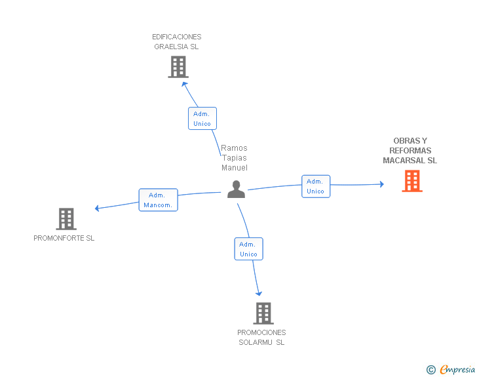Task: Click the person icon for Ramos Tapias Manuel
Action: (x=236, y=189)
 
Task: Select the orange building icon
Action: (x=412, y=181)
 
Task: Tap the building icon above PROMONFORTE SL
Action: (x=66, y=219)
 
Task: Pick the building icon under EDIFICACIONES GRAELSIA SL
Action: (x=178, y=67)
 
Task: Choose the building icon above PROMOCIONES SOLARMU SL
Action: (x=263, y=313)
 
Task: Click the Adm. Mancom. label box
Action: (x=158, y=200)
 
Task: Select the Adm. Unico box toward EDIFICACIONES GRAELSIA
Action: (x=202, y=119)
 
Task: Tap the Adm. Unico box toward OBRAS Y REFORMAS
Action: (x=315, y=186)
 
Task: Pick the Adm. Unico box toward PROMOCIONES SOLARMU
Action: (x=248, y=249)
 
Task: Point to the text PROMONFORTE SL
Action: (x=64, y=238)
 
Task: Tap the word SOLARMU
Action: (x=256, y=342)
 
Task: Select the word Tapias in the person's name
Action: (x=234, y=158)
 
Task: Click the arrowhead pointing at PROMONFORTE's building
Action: (x=97, y=208)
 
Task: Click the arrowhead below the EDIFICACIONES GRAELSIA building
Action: (x=184, y=83)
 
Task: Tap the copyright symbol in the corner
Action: (x=430, y=370)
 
